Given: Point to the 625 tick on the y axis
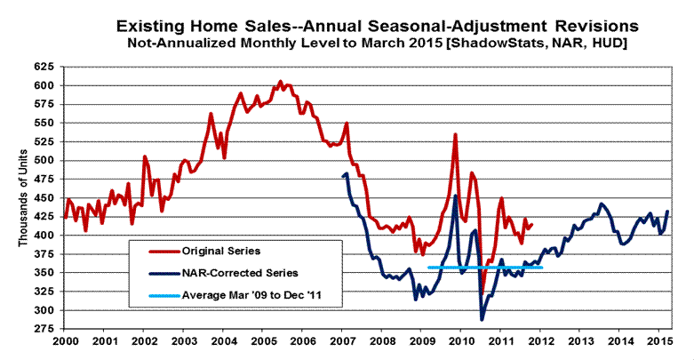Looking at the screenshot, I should [x=44, y=67].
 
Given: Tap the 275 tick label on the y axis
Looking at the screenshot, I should [x=44, y=330].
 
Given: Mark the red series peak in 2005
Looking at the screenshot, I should [x=280, y=82].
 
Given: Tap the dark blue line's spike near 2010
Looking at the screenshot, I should [x=456, y=196].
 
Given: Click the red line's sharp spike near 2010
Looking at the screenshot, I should [x=455, y=135].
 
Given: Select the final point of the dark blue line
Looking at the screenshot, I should [x=667, y=211].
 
